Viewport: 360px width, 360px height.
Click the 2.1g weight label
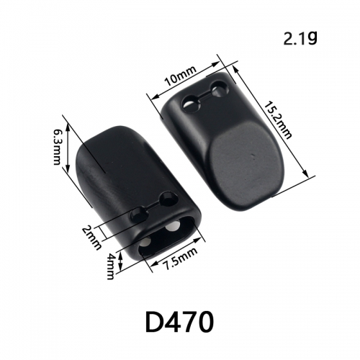(x=300, y=39)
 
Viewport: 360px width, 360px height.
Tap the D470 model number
(x=179, y=322)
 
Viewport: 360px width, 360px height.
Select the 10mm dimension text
(x=181, y=76)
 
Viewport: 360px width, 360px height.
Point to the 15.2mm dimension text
(x=278, y=120)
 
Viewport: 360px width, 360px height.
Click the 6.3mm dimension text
(x=57, y=147)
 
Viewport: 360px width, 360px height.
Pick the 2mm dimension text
(x=91, y=238)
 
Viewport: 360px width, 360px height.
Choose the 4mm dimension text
(x=110, y=267)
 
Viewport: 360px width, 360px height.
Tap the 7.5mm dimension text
(x=180, y=258)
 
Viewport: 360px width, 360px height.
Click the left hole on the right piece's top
(x=192, y=104)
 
